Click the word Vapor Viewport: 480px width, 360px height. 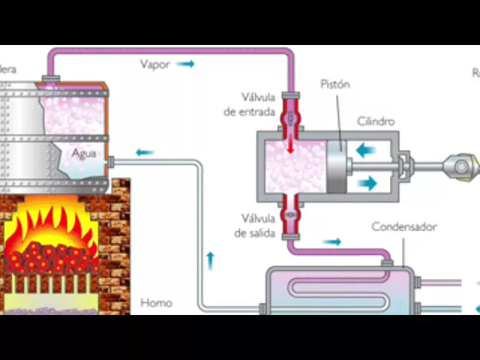(x=154, y=64)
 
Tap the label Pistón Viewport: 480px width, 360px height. (x=334, y=84)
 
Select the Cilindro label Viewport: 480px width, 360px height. (x=376, y=121)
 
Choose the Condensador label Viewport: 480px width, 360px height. (x=404, y=226)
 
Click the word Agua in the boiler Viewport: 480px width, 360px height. (x=85, y=153)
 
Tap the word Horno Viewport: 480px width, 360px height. (x=156, y=303)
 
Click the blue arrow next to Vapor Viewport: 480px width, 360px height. (x=185, y=64)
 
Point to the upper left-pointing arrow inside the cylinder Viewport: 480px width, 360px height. (x=367, y=151)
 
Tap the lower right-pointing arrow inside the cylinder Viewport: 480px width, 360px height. (x=367, y=182)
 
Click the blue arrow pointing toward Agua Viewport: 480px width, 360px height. (x=145, y=152)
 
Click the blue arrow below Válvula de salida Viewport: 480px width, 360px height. (x=331, y=241)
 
